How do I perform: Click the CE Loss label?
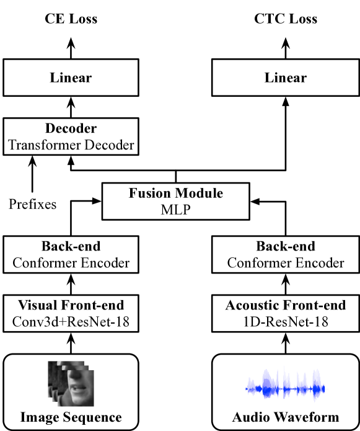click(x=71, y=19)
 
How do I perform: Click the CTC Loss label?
click(x=286, y=19)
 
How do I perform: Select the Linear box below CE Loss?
click(x=71, y=78)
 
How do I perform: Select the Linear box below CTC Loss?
click(x=286, y=78)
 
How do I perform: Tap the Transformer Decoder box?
click(x=71, y=138)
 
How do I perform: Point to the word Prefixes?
click(x=33, y=203)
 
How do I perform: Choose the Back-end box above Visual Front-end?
click(x=71, y=254)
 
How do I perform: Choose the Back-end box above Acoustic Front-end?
click(x=286, y=254)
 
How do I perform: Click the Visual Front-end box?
click(x=71, y=313)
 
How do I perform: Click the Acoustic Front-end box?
click(x=286, y=313)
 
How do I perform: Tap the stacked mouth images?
click(x=71, y=383)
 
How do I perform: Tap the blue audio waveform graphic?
click(x=286, y=389)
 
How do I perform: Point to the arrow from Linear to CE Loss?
click(x=71, y=47)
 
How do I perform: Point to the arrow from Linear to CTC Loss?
click(x=286, y=47)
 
